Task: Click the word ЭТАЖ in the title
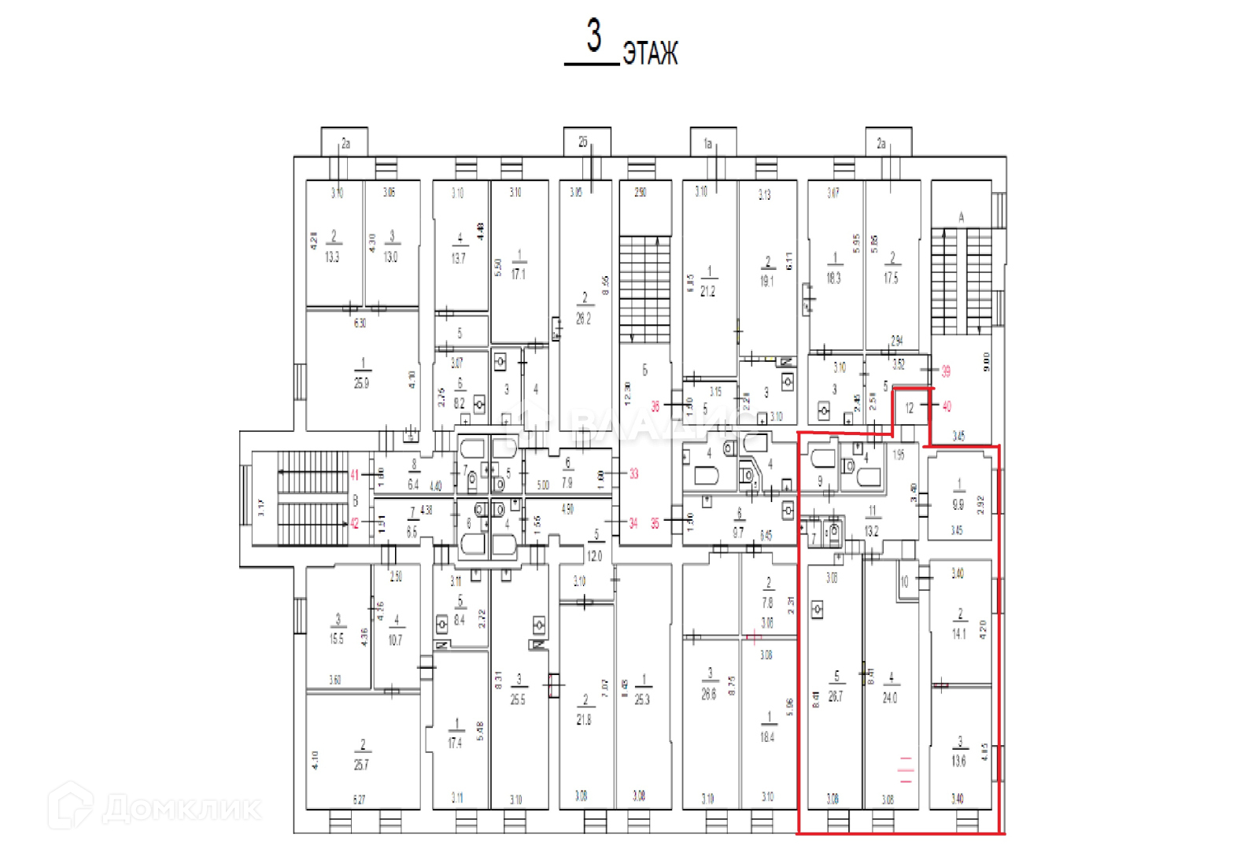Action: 650,54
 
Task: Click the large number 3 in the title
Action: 593,36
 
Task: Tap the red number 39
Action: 946,371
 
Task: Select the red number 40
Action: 946,407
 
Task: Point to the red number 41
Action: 355,474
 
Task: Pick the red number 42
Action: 355,523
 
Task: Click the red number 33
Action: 633,474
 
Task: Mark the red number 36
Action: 655,407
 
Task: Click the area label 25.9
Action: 361,384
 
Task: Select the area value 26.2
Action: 583,319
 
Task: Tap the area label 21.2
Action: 708,291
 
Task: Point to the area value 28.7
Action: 836,697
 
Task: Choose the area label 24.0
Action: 890,698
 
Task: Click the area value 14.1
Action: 958,633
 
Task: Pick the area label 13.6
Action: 958,761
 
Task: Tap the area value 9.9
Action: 958,504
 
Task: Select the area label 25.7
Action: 361,765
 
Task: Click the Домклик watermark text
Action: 182,809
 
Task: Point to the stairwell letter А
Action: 961,217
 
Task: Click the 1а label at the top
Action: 707,144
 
